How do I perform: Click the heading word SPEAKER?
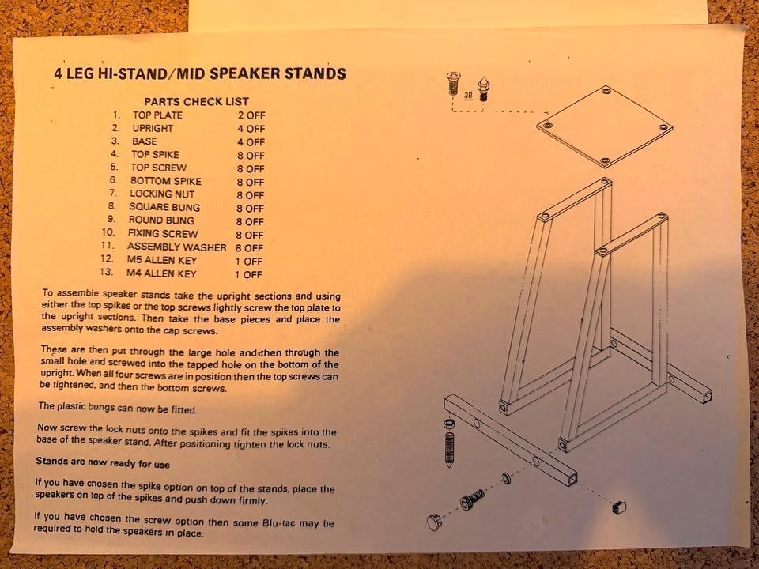pyautogui.click(x=244, y=73)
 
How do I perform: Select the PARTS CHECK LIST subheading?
pyautogui.click(x=197, y=102)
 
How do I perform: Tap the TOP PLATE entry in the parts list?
pyautogui.click(x=158, y=115)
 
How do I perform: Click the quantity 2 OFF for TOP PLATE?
pyautogui.click(x=251, y=115)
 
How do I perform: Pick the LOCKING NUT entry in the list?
pyautogui.click(x=162, y=194)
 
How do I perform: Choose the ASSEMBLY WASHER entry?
pyautogui.click(x=176, y=247)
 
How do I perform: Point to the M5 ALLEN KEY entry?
pyautogui.click(x=161, y=260)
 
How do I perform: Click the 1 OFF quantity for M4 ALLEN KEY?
pyautogui.click(x=248, y=274)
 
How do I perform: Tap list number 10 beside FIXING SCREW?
pyautogui.click(x=108, y=232)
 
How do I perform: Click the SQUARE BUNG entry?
pyautogui.click(x=164, y=207)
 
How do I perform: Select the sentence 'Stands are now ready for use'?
pyautogui.click(x=103, y=462)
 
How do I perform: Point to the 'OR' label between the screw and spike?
pyautogui.click(x=468, y=96)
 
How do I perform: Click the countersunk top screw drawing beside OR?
pyautogui.click(x=453, y=84)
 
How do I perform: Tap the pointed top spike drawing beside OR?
pyautogui.click(x=482, y=89)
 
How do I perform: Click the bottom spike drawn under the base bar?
pyautogui.click(x=449, y=450)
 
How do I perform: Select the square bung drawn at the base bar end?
pyautogui.click(x=619, y=507)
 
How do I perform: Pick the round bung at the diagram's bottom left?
pyautogui.click(x=434, y=522)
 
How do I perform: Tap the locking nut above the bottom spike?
pyautogui.click(x=449, y=424)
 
